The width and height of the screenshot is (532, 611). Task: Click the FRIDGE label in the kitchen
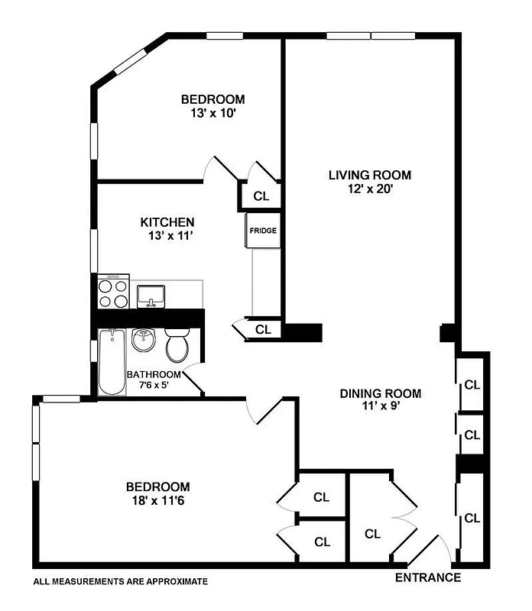261,231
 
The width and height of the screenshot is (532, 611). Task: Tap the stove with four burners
113,293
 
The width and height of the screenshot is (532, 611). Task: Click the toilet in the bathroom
178,344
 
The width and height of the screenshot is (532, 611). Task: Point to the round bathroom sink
144,340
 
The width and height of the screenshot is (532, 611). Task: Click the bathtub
112,363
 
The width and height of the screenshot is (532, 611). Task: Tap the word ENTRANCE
427,578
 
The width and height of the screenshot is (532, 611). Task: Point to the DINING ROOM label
381,394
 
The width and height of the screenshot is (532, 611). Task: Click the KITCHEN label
162,222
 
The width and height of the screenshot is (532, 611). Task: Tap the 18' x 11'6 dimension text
158,502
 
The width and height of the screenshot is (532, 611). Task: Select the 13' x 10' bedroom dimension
212,113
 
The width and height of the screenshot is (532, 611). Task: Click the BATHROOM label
154,375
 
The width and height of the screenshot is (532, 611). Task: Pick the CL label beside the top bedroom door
261,196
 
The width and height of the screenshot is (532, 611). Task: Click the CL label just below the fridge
264,330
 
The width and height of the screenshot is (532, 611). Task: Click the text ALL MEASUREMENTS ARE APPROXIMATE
121,582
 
